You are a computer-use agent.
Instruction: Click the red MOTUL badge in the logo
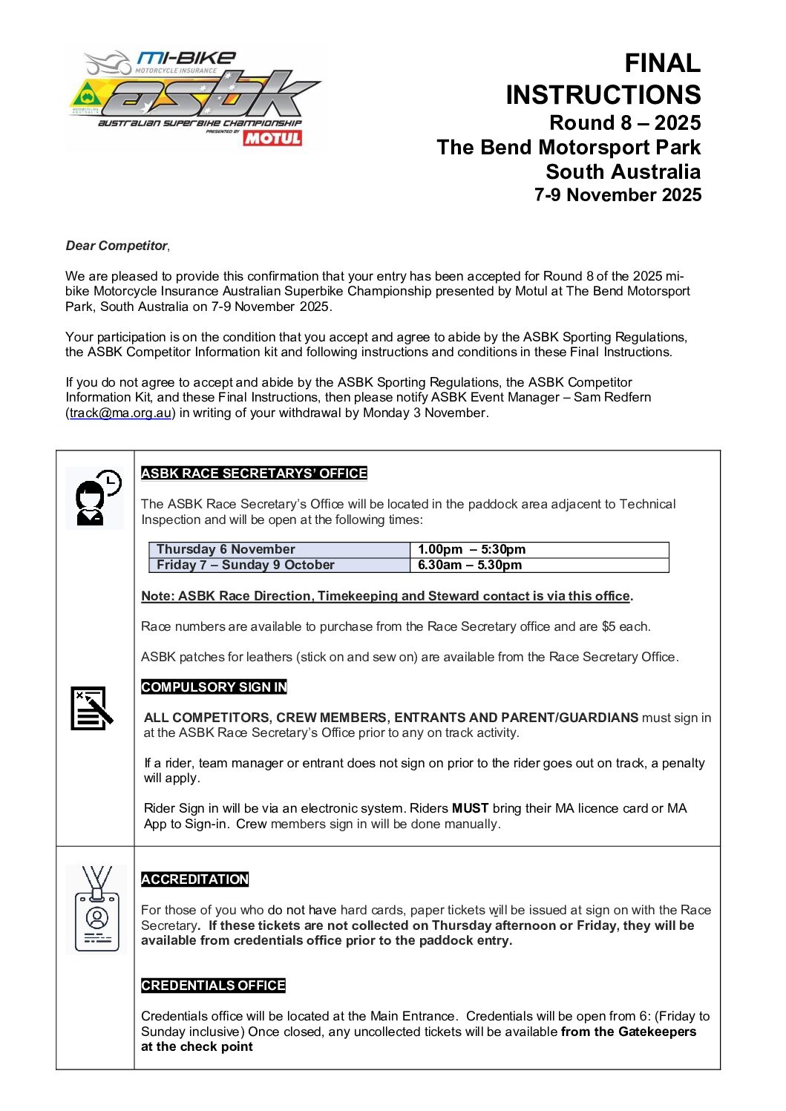point(272,138)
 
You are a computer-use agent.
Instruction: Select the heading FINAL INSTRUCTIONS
point(603,79)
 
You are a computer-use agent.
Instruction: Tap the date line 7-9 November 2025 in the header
point(618,195)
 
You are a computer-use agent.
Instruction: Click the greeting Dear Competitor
point(117,246)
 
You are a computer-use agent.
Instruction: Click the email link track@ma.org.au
point(121,413)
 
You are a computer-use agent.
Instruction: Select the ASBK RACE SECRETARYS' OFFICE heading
point(254,473)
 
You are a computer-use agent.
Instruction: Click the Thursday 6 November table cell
point(226,549)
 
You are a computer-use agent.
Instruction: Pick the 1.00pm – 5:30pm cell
point(471,549)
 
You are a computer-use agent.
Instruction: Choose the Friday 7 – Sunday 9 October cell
point(245,565)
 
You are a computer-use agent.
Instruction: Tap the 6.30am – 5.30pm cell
point(470,565)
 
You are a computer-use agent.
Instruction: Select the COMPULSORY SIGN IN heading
point(214,687)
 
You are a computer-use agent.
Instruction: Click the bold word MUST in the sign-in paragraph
point(470,808)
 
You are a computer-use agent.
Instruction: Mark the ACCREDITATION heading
point(194,879)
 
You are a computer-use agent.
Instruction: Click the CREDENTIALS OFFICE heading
point(213,986)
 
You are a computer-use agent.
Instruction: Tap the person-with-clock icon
point(95,498)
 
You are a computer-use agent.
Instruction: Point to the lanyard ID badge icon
point(96,909)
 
